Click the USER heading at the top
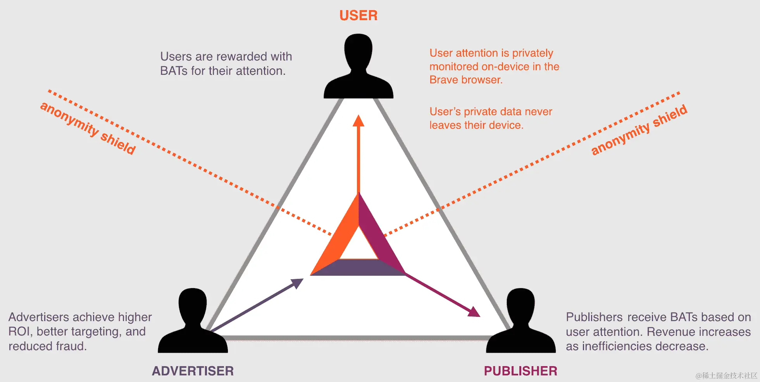coord(358,16)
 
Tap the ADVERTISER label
coord(193,371)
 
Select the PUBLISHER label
coord(520,371)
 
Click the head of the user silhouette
coord(358,50)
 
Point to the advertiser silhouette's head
coord(193,304)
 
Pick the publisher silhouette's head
coord(520,304)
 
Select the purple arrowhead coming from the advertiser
coord(298,282)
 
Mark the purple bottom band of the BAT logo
coord(358,268)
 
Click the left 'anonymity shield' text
coord(88,128)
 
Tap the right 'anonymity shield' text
coord(639,130)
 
